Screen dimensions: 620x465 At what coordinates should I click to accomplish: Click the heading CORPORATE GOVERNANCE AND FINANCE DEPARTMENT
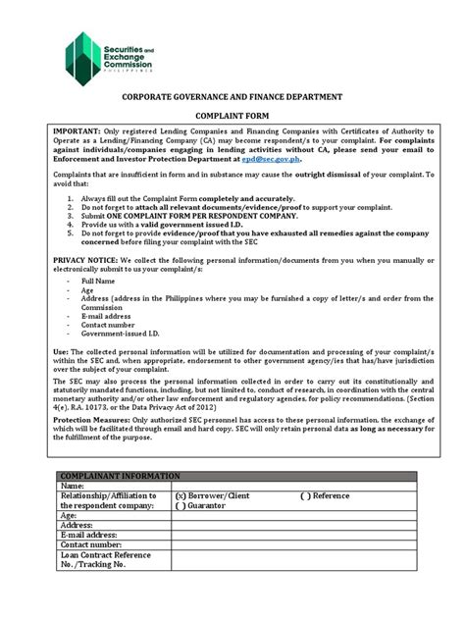tap(232, 98)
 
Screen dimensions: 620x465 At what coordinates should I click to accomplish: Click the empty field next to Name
tap(294, 485)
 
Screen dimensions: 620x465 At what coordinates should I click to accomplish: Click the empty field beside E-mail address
tap(294, 535)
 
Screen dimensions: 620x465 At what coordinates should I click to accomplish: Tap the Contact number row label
tap(92, 544)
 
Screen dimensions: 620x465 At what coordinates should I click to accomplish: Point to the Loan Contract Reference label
tap(108, 554)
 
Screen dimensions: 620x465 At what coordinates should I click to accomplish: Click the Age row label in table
tap(70, 515)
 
